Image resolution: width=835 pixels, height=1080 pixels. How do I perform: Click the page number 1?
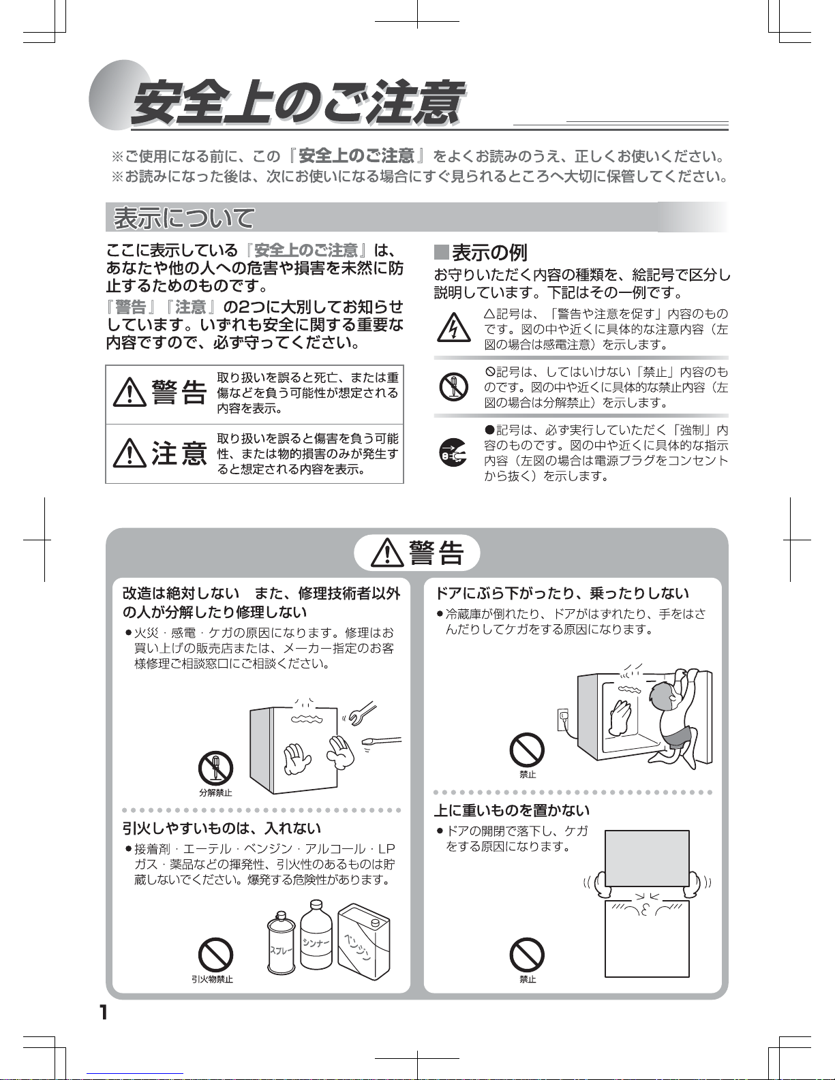coord(104,1013)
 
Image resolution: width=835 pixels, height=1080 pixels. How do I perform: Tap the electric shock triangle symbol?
coord(454,327)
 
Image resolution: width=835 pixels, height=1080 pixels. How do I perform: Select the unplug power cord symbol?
coord(453,452)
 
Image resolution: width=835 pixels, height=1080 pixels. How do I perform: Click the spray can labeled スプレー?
coord(282,944)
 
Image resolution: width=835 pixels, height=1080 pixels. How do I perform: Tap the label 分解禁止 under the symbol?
coord(215,792)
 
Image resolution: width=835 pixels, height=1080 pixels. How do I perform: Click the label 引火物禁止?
coord(212,979)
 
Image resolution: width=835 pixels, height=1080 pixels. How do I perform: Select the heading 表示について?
coord(184,217)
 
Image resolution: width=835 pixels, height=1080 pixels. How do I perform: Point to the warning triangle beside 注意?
coord(130,453)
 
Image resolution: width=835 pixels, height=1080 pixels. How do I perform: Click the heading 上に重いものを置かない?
coord(512,810)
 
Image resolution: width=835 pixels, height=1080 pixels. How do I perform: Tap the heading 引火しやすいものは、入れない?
coord(222,828)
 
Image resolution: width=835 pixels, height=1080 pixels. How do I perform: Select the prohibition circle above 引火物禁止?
coord(215,955)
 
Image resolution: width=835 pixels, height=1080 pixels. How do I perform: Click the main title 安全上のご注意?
coord(297,102)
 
